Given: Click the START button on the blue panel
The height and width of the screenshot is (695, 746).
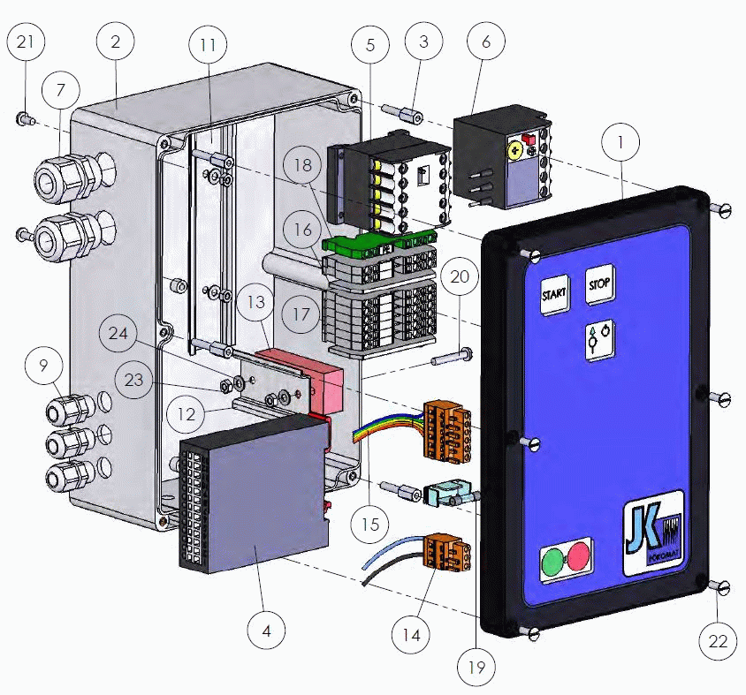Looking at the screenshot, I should pos(553,294).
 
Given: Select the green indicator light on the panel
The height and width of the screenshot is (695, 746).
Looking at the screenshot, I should pos(552,560).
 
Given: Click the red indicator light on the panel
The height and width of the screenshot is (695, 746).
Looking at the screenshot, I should pos(578,556).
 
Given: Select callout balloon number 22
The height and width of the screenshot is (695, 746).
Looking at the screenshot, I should pos(718,641).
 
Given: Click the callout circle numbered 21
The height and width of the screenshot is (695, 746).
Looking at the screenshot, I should pos(27,43).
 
